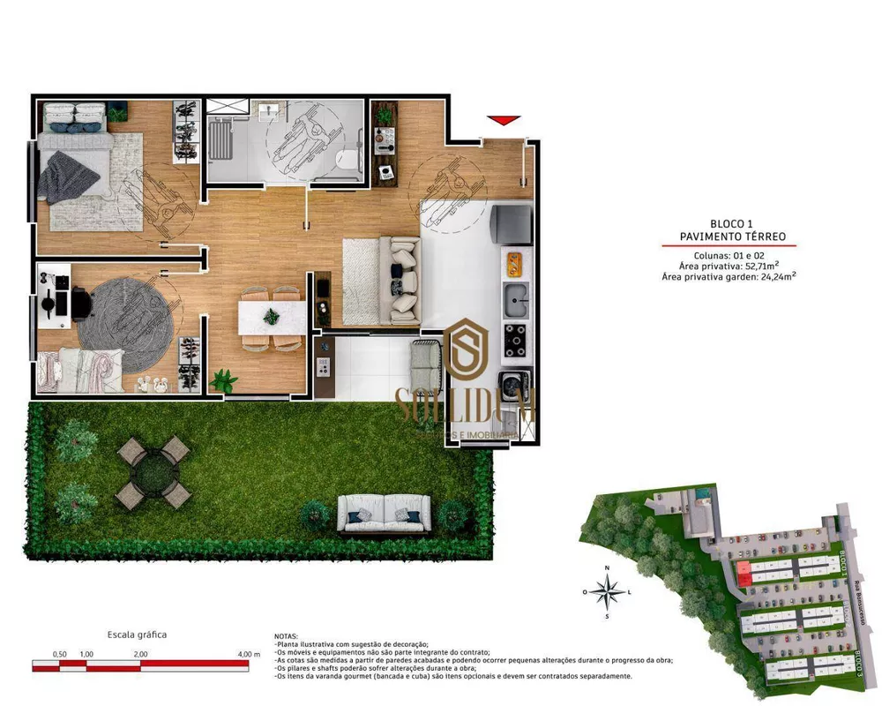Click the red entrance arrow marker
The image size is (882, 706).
point(504,120)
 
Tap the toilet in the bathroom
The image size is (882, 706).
point(350,159)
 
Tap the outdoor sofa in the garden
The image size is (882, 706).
point(385,514)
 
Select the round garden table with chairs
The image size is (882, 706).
point(153,472)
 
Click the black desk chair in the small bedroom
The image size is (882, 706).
point(80,304)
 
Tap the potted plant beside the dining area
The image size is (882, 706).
point(224,380)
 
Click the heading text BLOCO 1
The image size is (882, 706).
point(732,224)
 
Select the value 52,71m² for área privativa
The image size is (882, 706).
point(762,265)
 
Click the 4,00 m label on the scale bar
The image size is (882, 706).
point(250,654)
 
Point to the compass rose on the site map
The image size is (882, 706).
point(607,591)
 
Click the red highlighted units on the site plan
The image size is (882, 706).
point(744,574)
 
